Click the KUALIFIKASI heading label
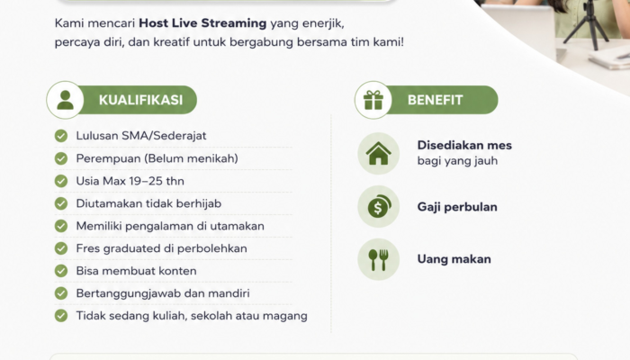(140, 100)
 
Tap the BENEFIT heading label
(435, 100)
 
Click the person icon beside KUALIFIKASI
(65, 100)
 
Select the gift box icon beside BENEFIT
(373, 100)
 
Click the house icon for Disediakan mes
(379, 154)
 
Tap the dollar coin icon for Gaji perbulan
(379, 206)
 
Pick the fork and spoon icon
(379, 259)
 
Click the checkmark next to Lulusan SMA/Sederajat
(61, 136)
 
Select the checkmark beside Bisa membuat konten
(61, 271)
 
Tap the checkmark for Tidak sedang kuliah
(61, 316)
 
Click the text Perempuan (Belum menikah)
(157, 158)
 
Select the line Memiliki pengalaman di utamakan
(170, 226)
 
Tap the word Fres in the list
(88, 248)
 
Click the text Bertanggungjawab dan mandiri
(163, 293)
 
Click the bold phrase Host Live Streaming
(202, 23)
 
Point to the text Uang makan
(454, 259)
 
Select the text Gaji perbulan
(457, 207)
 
